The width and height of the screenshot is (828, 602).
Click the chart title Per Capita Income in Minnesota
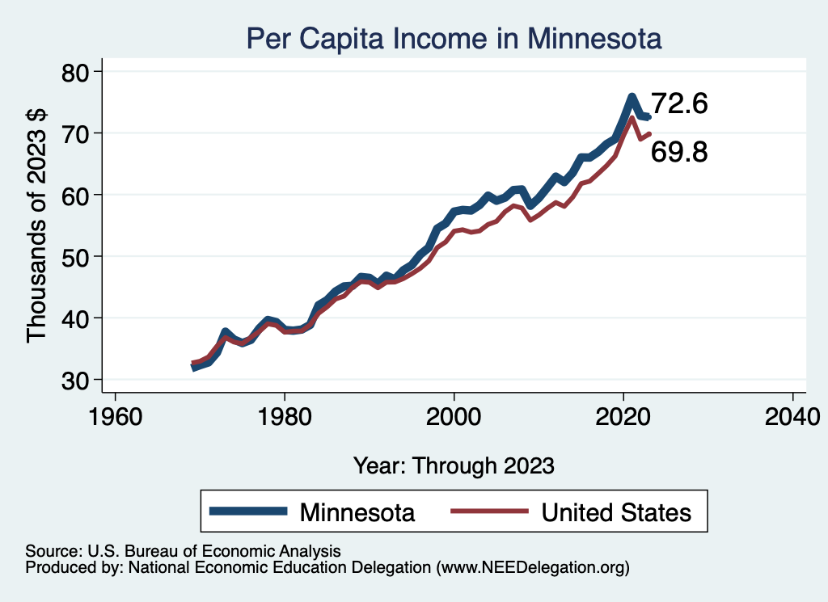point(454,38)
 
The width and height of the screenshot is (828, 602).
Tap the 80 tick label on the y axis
point(78,72)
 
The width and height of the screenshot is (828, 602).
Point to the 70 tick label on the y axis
point(78,133)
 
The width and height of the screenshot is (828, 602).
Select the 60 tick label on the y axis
point(78,195)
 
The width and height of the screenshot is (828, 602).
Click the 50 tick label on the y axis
point(78,256)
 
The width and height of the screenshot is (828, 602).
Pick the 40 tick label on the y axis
point(78,318)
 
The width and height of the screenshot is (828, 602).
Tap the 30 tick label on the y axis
point(78,379)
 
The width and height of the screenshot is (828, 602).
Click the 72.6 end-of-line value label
point(679,104)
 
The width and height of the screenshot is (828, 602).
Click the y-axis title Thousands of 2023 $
point(39,225)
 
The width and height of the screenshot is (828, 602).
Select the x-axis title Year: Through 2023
point(454,465)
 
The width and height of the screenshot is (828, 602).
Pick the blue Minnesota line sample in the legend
point(248,511)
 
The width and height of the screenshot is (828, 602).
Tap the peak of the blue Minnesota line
point(632,97)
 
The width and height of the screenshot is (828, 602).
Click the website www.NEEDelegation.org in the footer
point(531,568)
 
